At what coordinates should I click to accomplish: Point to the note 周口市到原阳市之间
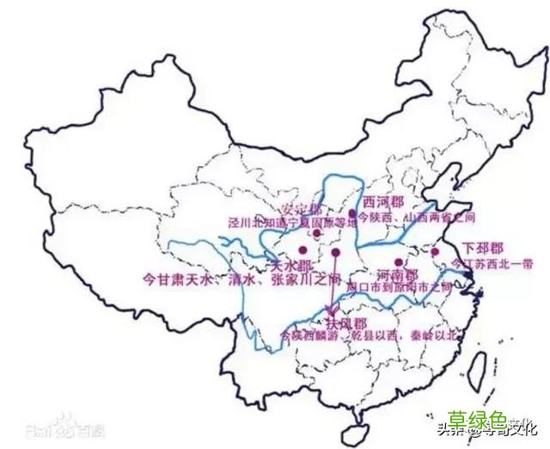click(400, 286)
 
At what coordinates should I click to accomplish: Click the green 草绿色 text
click(482, 418)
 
